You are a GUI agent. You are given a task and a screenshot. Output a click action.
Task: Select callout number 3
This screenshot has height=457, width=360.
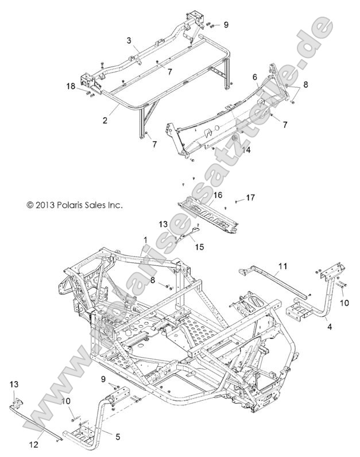pyautogui.click(x=129, y=40)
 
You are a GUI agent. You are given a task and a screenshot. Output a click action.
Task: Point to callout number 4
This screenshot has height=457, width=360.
pyautogui.click(x=329, y=327)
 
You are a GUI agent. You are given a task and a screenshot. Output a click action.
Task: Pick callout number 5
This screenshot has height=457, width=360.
pyautogui.click(x=118, y=436)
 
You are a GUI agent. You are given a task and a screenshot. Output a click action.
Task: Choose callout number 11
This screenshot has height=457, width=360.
pyautogui.click(x=282, y=266)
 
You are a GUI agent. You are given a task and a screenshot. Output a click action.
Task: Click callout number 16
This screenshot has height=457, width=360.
pyautogui.click(x=218, y=195)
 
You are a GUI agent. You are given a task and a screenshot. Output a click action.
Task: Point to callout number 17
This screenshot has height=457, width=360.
pyautogui.click(x=250, y=197)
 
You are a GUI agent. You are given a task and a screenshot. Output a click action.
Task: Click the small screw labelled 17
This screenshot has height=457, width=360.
pyautogui.click(x=235, y=199)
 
